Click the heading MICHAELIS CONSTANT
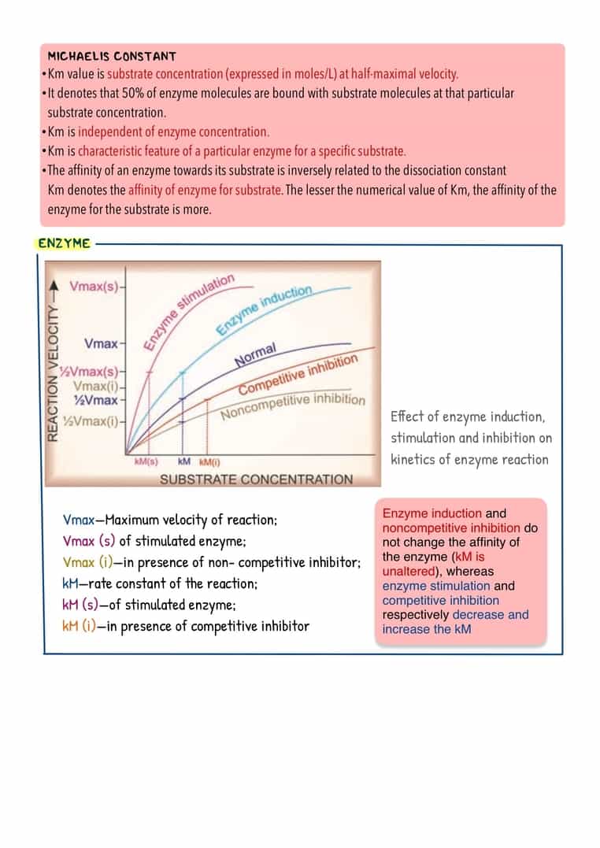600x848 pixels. tap(112, 57)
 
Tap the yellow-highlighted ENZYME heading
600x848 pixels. tap(64, 243)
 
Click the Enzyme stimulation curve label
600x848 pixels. tap(189, 310)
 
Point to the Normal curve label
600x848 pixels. tap(256, 355)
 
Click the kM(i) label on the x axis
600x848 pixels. tap(209, 461)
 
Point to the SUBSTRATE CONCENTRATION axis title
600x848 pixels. tap(257, 480)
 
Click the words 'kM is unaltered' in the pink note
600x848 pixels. tap(433, 565)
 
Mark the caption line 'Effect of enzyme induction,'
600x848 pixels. tap(468, 417)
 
